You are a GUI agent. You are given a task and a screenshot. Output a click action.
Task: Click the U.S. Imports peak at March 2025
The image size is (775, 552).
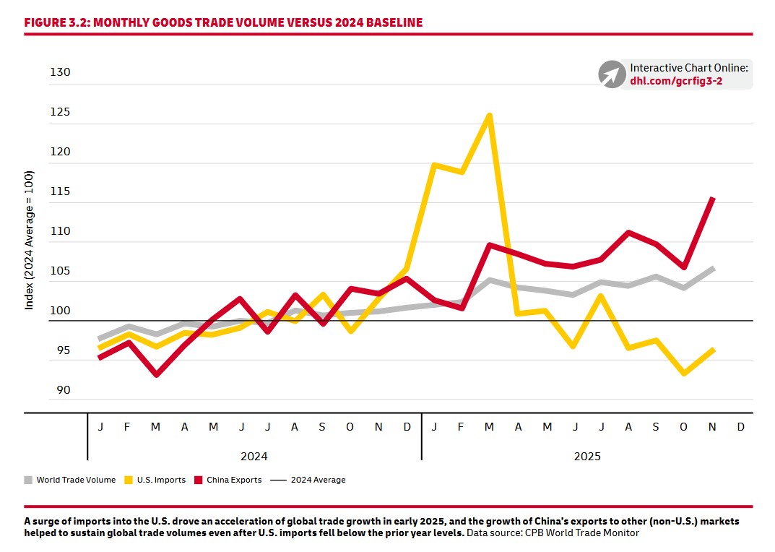click(490, 116)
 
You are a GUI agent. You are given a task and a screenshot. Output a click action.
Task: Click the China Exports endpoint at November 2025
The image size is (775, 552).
click(713, 199)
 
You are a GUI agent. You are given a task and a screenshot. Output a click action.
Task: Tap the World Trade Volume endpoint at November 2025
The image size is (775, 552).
click(713, 269)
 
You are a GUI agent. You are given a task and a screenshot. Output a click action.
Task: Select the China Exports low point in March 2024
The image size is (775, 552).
click(156, 375)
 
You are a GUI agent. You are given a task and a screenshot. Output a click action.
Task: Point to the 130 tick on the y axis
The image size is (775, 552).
click(61, 72)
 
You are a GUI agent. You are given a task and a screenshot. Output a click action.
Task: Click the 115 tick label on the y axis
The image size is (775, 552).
click(61, 191)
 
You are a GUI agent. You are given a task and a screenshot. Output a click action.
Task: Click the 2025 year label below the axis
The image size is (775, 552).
click(587, 457)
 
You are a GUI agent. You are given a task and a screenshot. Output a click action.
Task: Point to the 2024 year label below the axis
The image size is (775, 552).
click(254, 457)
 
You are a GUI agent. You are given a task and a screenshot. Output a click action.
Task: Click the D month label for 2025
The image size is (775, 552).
click(740, 427)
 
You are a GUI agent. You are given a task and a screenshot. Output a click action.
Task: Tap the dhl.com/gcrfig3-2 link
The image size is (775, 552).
click(676, 81)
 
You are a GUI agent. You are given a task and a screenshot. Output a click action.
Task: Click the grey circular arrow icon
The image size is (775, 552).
click(611, 74)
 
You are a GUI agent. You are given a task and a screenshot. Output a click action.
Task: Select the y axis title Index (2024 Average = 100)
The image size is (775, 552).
click(30, 241)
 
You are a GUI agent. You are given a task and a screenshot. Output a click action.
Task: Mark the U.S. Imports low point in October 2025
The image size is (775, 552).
click(684, 374)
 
